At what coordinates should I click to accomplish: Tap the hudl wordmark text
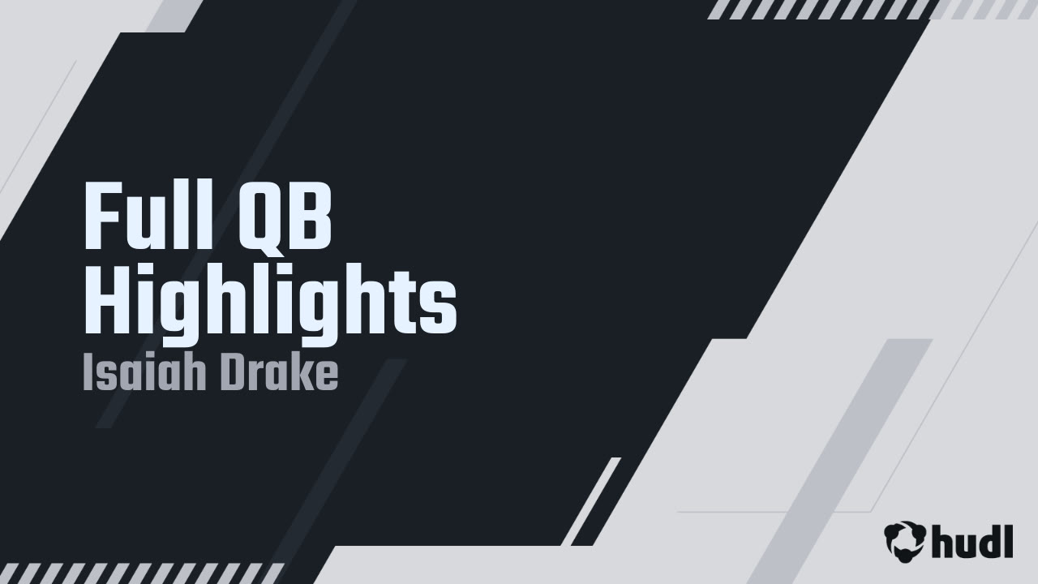point(972,540)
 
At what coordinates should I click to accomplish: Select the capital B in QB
point(313,219)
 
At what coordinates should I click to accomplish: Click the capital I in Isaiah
point(88,374)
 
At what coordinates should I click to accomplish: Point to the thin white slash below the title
point(591,500)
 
